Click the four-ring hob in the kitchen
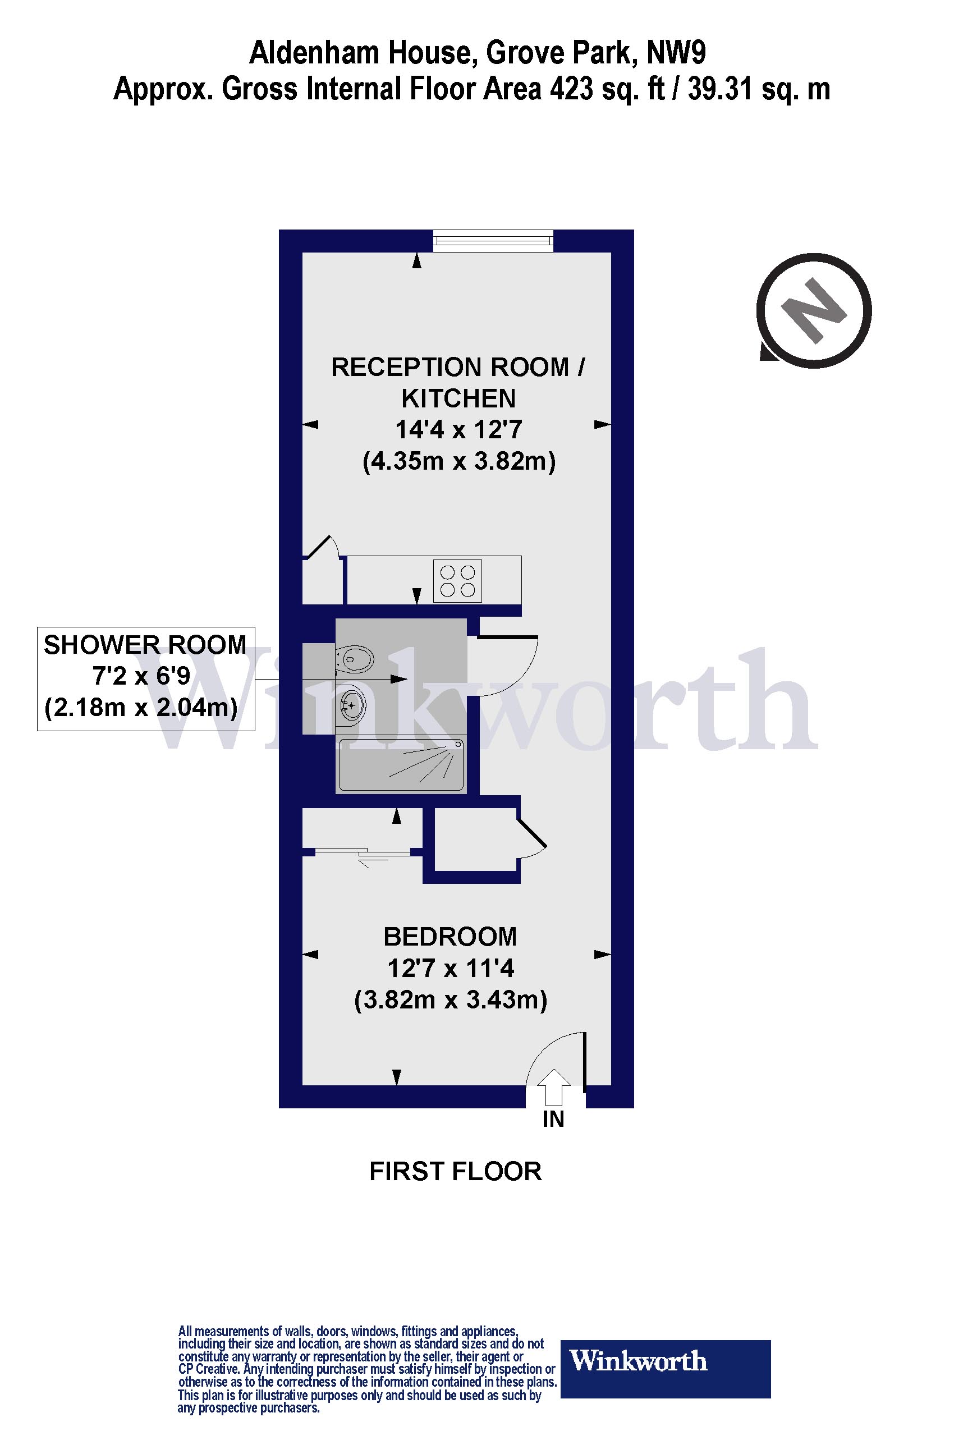tap(457, 580)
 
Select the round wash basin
tap(352, 705)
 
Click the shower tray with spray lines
tap(401, 764)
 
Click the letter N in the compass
tap(814, 311)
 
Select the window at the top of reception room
tap(493, 240)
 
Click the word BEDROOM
tap(450, 937)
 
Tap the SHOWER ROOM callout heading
tap(145, 645)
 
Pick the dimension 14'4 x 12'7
tap(458, 429)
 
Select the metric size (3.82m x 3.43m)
tap(450, 999)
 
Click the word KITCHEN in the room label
tap(458, 398)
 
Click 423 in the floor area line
tap(571, 89)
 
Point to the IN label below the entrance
tap(553, 1120)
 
